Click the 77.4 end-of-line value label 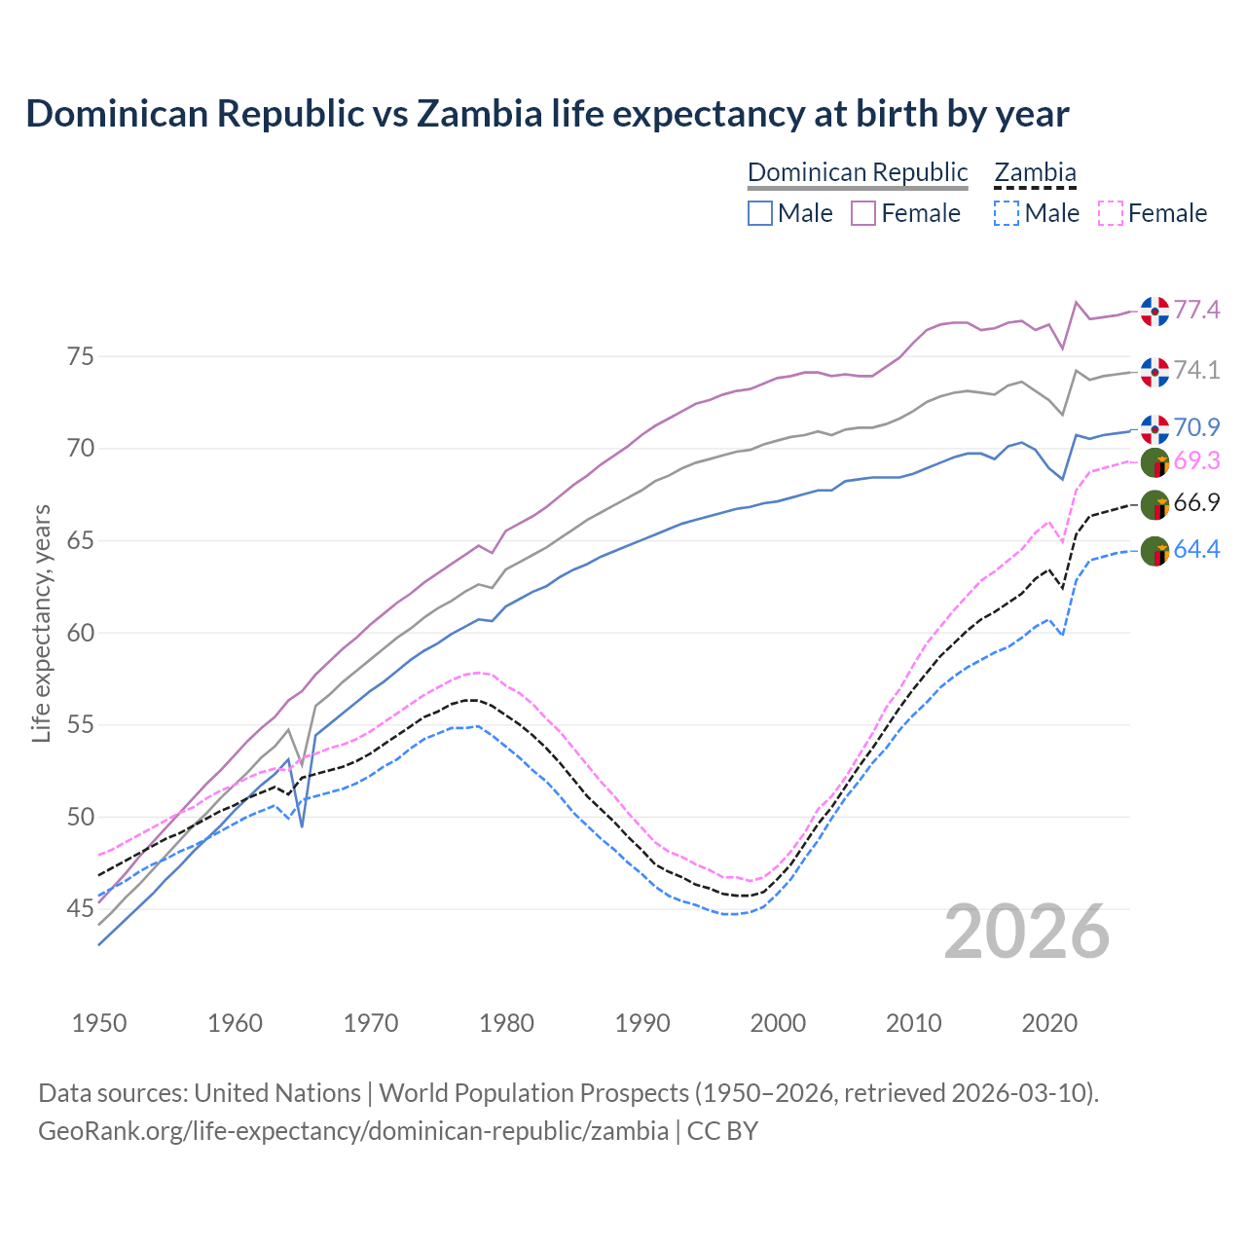tap(1196, 310)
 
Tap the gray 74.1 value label tap(1196, 370)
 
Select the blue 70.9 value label tap(1196, 427)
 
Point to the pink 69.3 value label tap(1196, 461)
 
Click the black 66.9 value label tap(1196, 503)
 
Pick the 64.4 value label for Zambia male tap(1196, 550)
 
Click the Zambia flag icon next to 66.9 tap(1154, 505)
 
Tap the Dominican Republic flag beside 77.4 tap(1154, 311)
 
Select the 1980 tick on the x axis tap(507, 1023)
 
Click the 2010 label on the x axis tap(914, 1023)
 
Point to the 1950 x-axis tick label tap(99, 1023)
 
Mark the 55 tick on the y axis tap(80, 725)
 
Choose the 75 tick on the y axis tap(80, 356)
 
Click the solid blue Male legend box tap(760, 213)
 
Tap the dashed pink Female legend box tap(1111, 213)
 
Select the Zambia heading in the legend tap(1035, 173)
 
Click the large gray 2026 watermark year tap(1027, 932)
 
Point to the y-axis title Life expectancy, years tap(41, 623)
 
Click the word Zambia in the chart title tap(479, 114)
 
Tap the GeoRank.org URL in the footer tap(353, 1131)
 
